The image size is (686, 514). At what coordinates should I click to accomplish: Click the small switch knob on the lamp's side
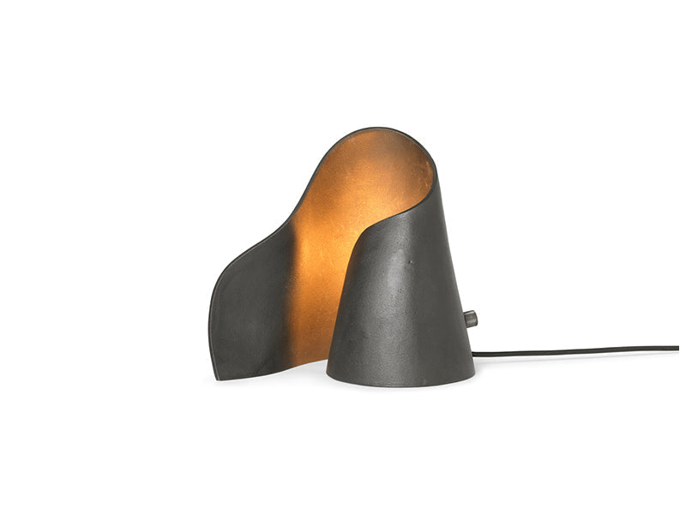(470, 319)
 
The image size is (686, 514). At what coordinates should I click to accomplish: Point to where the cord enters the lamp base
(475, 353)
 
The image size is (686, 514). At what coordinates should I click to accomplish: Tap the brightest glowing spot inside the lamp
(317, 257)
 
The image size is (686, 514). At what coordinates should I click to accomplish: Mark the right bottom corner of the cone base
(474, 374)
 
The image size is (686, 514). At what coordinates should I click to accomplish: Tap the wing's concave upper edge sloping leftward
(257, 244)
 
